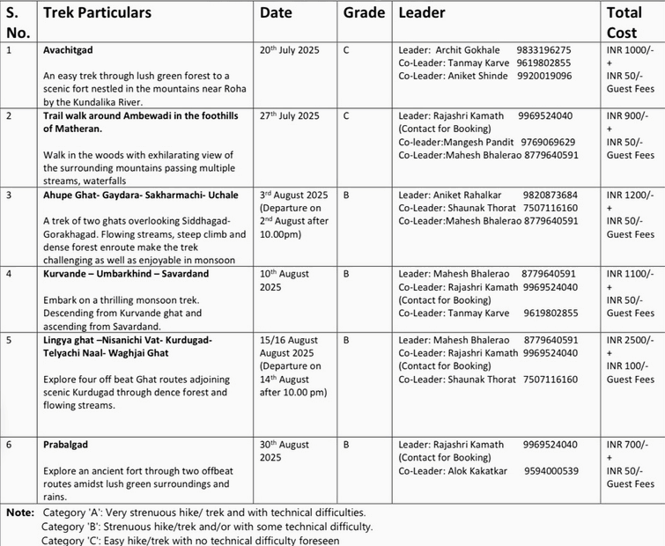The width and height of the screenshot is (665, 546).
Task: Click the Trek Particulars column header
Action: [x=97, y=13]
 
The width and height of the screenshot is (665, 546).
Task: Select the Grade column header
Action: [x=364, y=13]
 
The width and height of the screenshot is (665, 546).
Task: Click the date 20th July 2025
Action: [x=290, y=50]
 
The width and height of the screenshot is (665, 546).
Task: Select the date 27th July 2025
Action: [x=290, y=115]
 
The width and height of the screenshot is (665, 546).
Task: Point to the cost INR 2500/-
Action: [x=630, y=340]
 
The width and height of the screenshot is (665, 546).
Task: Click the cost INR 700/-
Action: [x=626, y=445]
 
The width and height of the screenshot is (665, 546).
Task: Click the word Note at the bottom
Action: [x=19, y=512]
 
